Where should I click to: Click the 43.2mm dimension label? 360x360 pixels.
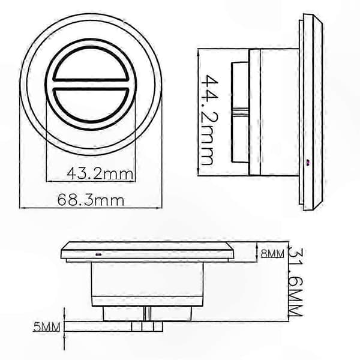100,173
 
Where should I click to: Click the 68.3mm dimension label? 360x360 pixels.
91,200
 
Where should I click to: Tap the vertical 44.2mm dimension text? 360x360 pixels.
209,119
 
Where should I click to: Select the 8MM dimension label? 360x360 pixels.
272,253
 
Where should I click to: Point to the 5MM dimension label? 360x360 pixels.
47,326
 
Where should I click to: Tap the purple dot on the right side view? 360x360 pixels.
308,163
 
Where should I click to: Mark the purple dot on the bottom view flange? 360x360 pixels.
99,254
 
